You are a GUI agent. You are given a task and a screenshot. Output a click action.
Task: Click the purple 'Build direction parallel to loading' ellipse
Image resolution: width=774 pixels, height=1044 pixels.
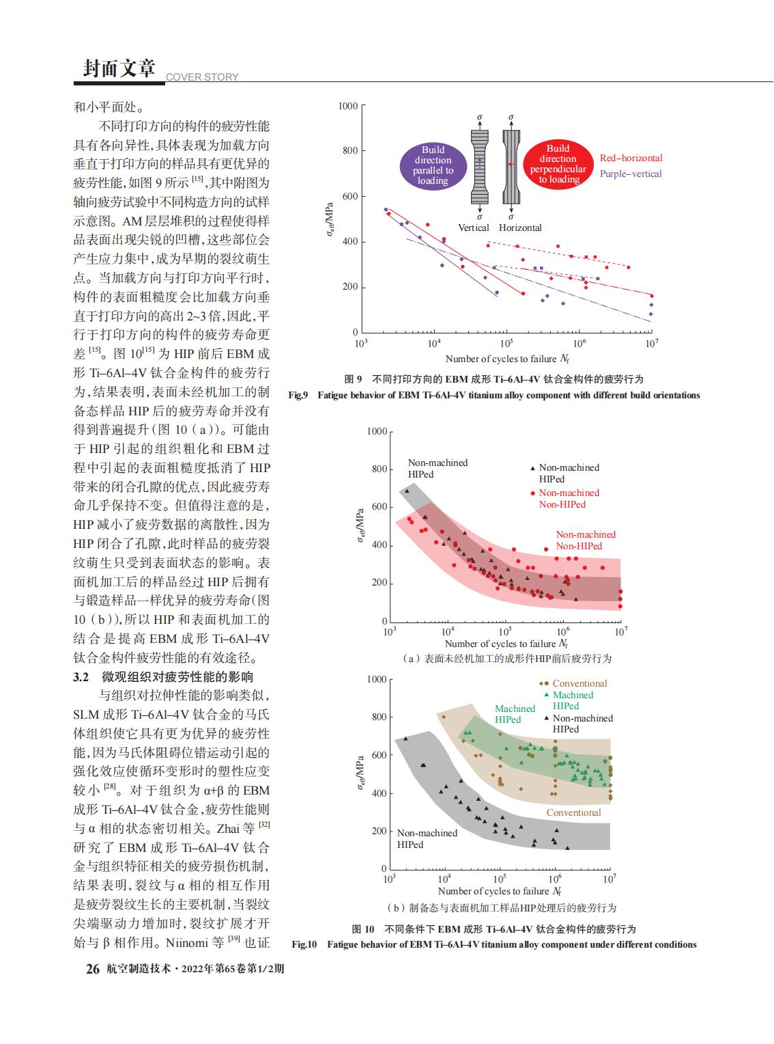(433, 165)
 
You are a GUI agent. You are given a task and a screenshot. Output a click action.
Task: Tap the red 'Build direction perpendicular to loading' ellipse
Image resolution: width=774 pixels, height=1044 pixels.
(558, 164)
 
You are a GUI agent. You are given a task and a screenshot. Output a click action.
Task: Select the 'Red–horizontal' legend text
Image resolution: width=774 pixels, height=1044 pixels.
(631, 158)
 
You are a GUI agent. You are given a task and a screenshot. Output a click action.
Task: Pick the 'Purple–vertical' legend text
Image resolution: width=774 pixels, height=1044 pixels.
(631, 174)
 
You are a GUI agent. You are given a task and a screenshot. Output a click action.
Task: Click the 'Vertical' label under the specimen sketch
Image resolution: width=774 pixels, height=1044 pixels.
(473, 228)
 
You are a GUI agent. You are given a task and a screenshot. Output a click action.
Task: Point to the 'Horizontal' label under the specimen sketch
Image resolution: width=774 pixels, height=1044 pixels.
(520, 228)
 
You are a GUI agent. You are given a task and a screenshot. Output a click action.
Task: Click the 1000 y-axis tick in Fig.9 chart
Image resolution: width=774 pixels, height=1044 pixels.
(348, 106)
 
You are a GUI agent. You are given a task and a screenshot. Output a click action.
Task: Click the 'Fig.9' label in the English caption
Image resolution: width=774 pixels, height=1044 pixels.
(299, 395)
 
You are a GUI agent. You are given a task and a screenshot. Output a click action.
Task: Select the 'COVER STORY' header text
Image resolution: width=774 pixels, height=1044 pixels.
(202, 77)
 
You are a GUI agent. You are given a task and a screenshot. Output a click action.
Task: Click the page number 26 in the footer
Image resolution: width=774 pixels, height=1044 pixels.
(92, 969)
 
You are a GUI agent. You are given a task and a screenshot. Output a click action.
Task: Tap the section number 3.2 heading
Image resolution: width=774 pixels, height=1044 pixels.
(81, 677)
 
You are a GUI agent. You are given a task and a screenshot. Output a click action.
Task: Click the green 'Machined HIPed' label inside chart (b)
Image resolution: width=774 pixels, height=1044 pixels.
(515, 714)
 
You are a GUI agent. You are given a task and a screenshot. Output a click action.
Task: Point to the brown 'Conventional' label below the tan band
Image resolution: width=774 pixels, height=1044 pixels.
(573, 812)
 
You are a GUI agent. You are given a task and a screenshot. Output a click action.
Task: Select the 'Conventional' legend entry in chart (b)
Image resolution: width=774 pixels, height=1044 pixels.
(579, 683)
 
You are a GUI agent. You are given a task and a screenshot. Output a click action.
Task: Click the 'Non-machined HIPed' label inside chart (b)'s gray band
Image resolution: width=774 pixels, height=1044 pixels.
(427, 838)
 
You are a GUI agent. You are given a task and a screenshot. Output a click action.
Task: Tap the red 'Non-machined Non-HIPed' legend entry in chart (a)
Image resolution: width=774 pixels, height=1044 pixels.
(569, 498)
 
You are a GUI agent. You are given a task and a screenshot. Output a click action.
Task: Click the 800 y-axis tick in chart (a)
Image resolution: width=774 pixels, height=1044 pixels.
(379, 469)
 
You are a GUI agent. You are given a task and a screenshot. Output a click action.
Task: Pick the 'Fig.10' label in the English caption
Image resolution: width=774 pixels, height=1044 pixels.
(304, 944)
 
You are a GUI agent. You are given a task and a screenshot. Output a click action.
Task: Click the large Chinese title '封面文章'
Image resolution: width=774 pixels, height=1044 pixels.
(119, 68)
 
